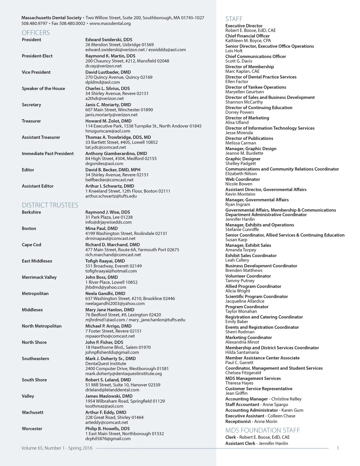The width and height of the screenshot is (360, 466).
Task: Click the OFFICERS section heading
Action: coord(36,33)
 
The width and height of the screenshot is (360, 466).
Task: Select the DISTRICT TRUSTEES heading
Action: coord(50,205)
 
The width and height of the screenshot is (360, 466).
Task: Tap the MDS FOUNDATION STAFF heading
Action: coord(263,430)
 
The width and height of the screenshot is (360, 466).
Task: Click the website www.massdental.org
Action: coord(110,24)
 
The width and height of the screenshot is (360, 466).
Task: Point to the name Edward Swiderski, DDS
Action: coord(109,40)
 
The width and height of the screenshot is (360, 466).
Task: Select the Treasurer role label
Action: coord(31,121)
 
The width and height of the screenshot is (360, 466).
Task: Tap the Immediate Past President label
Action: coord(48,153)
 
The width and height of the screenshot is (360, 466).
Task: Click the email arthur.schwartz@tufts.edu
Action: coord(111,196)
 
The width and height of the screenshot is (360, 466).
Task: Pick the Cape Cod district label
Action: coord(31,245)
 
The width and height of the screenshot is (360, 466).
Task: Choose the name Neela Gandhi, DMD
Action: coord(105,293)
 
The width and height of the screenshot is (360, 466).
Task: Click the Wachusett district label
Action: coord(33,412)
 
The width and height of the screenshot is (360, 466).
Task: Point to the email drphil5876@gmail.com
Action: coord(108,439)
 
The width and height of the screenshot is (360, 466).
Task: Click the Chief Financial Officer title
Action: coord(247,36)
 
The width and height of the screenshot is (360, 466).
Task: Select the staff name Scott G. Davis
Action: coord(239,61)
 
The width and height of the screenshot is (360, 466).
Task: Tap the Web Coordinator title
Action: coord(243,179)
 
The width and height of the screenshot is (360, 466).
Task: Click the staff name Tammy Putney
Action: coord(240,281)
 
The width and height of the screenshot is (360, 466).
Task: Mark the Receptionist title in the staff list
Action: coord(238,421)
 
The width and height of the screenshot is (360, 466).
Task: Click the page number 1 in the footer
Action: coord(338,448)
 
